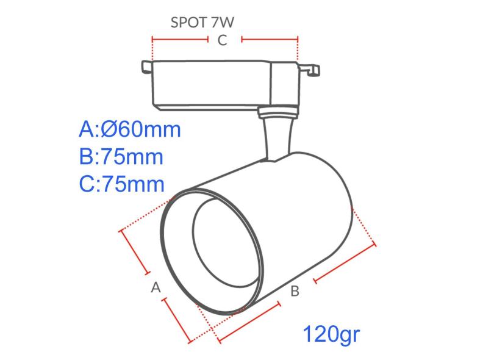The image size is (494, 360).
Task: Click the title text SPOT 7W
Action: click(202, 23)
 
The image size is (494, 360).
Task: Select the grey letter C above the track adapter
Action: click(223, 40)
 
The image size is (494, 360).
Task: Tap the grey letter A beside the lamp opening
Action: click(156, 286)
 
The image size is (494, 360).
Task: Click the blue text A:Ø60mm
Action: click(130, 130)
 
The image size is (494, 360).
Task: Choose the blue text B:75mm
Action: click(121, 157)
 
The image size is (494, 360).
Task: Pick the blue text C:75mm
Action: click(121, 184)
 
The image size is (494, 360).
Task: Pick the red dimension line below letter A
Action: click(177, 320)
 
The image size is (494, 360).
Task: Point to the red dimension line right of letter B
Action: click(345, 264)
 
